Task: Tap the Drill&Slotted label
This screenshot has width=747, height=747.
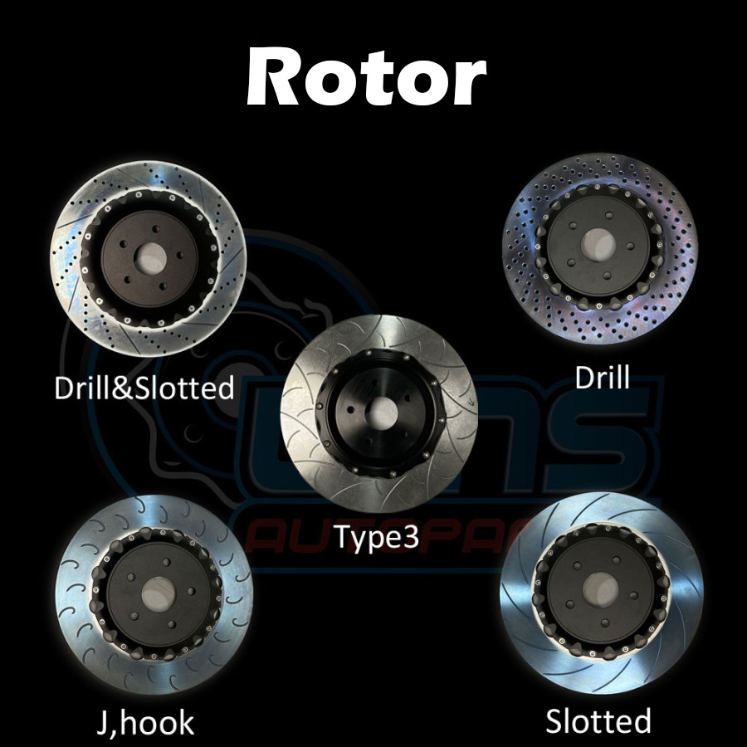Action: pyautogui.click(x=144, y=388)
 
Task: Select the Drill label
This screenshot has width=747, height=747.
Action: pyautogui.click(x=603, y=378)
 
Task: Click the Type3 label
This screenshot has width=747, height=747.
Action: pyautogui.click(x=378, y=537)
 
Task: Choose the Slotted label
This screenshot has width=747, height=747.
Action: pyautogui.click(x=598, y=720)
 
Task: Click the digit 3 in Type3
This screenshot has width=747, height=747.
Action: pyautogui.click(x=409, y=537)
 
